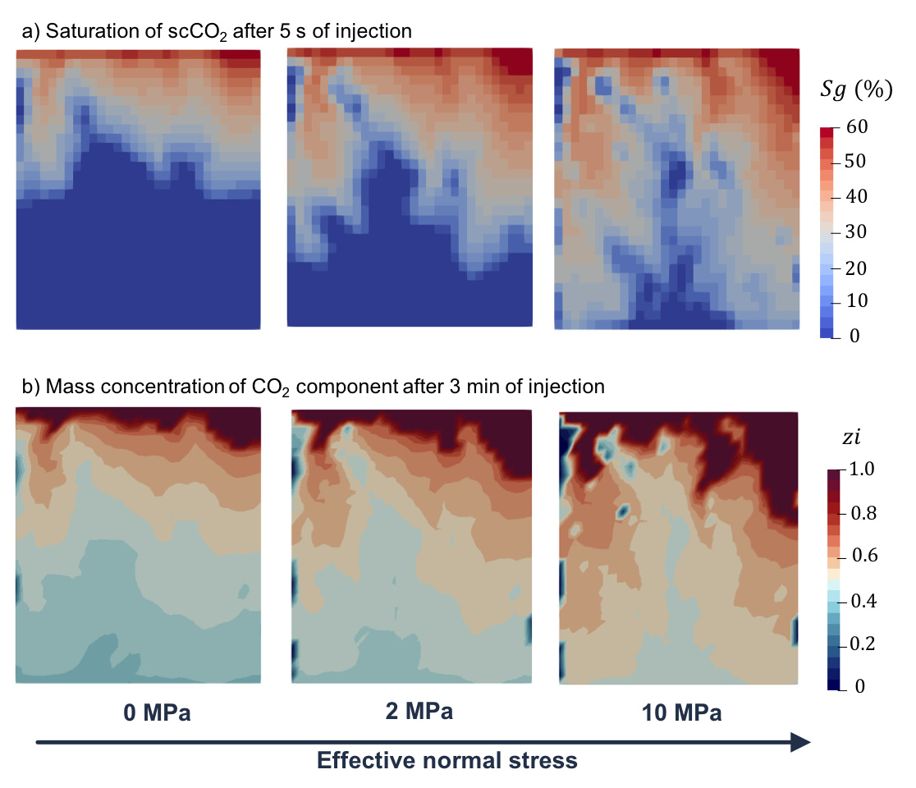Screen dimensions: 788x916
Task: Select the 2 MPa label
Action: click(419, 711)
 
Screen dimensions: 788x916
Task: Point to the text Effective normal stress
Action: click(447, 761)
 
